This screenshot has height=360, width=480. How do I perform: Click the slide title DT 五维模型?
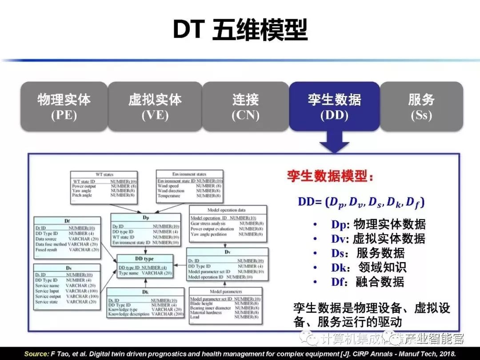[240, 31]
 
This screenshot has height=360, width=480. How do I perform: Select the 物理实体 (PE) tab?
[64, 107]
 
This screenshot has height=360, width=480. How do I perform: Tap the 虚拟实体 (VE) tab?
[155, 107]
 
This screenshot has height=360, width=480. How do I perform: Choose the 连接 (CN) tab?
[245, 107]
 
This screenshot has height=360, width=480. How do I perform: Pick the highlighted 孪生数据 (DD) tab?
[334, 107]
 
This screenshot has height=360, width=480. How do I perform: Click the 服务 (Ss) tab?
[421, 107]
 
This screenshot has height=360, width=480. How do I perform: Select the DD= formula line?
[361, 203]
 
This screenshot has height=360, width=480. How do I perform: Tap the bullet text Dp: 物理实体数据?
[378, 224]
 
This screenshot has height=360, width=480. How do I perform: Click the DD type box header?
[144, 259]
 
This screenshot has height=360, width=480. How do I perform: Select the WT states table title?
[105, 175]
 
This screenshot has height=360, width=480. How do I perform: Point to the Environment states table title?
[189, 174]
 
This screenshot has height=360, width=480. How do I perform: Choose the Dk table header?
[145, 292]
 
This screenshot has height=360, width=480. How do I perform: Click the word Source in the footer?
[36, 354]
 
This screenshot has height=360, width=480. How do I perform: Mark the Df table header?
[67, 221]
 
